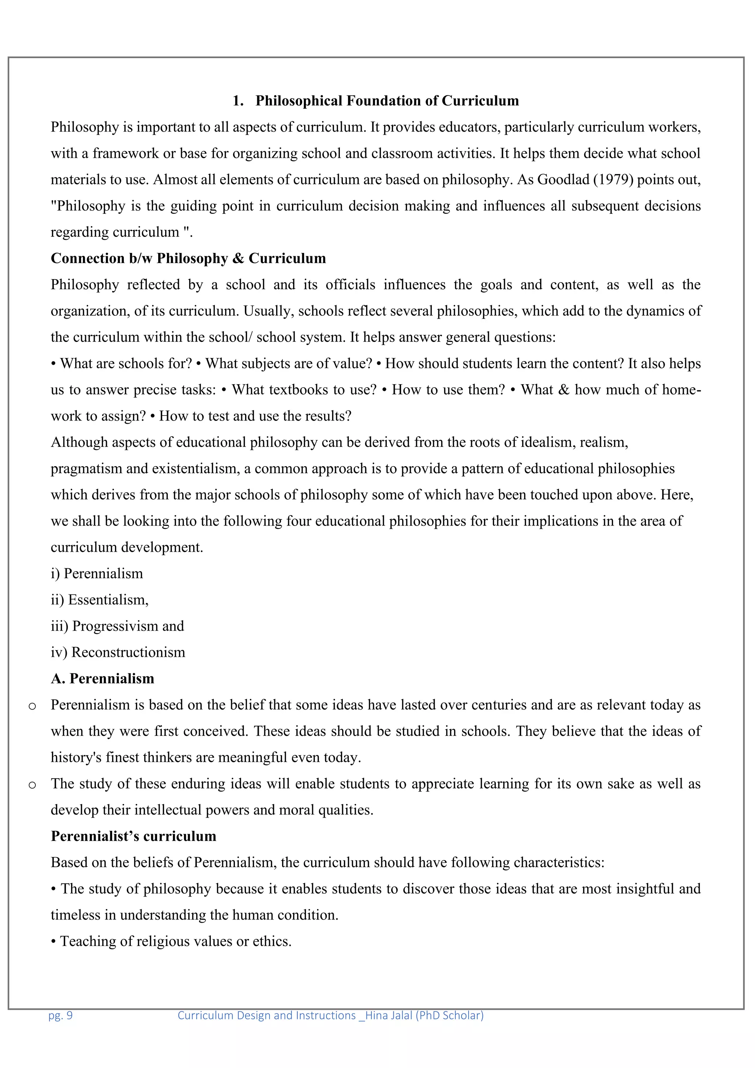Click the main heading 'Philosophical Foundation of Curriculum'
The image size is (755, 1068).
pos(387,101)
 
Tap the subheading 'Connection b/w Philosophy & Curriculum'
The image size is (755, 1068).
pos(188,259)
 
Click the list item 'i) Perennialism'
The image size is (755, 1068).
pos(97,573)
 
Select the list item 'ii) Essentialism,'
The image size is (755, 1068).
pos(100,600)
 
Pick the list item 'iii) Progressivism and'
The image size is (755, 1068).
pos(117,626)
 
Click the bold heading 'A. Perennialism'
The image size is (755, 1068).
pos(102,679)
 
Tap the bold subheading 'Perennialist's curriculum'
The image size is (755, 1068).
pos(133,836)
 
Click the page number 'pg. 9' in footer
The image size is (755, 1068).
pos(60,1015)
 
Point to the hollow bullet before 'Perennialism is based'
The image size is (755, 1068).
pos(32,707)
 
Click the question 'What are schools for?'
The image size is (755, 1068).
pos(125,363)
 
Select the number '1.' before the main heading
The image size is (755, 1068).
pos(238,101)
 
